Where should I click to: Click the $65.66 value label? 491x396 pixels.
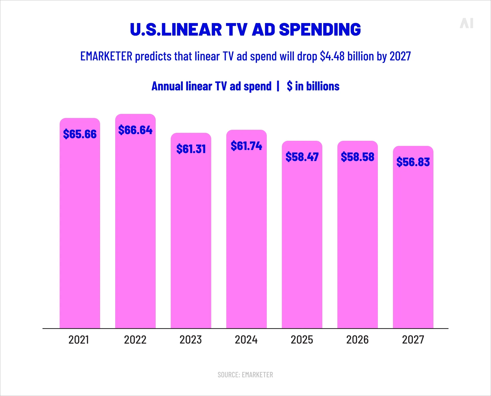click(x=80, y=134)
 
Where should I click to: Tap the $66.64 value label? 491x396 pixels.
click(x=135, y=130)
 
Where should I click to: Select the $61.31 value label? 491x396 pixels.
click(x=191, y=149)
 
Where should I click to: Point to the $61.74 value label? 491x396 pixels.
click(x=246, y=146)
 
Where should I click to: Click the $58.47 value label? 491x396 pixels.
click(x=302, y=157)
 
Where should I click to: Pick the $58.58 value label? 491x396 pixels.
click(x=357, y=157)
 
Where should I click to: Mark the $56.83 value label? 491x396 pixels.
click(x=413, y=162)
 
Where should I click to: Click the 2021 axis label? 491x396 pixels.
click(x=79, y=340)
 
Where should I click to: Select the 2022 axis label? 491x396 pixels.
click(x=135, y=340)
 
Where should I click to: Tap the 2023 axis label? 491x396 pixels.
click(x=191, y=340)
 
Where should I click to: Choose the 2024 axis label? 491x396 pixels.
click(x=246, y=340)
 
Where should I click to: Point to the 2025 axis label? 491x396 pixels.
click(x=302, y=340)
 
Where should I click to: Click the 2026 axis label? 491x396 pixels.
click(x=357, y=340)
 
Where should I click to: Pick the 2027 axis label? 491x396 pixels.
click(x=413, y=340)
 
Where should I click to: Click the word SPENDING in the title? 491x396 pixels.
click(x=320, y=29)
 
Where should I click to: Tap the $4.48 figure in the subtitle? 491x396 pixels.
click(x=332, y=56)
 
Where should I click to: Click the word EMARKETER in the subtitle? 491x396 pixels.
click(x=106, y=56)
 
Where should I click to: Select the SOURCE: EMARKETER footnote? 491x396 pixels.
click(x=245, y=375)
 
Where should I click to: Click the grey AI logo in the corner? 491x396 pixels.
click(x=466, y=23)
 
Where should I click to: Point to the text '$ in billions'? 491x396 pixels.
click(x=313, y=86)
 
